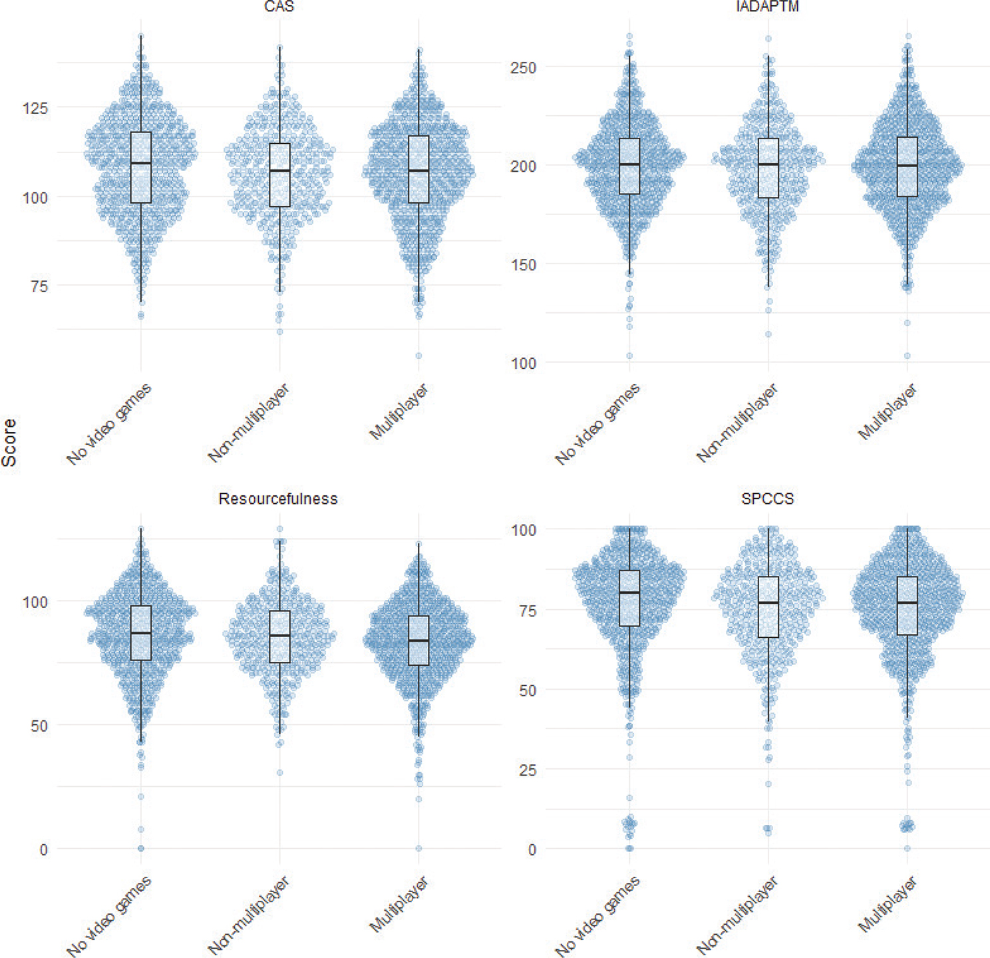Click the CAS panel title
click(279, 7)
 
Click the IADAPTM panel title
click(768, 7)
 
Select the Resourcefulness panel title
click(278, 499)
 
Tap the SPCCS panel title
click(767, 499)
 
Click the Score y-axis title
click(9, 443)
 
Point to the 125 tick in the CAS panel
click(35, 108)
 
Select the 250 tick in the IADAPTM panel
click(523, 68)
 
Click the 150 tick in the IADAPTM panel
click(523, 265)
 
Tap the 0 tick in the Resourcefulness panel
click(43, 849)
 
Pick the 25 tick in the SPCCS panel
click(527, 770)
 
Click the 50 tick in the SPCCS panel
click(527, 690)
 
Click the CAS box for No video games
click(141, 166)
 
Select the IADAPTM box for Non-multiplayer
click(768, 168)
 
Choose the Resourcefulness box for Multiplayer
click(418, 640)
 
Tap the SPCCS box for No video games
click(629, 598)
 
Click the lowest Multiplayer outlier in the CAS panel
click(418, 356)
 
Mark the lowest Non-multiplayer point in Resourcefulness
click(280, 773)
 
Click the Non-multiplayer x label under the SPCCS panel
click(737, 917)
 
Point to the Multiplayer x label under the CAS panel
click(399, 413)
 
